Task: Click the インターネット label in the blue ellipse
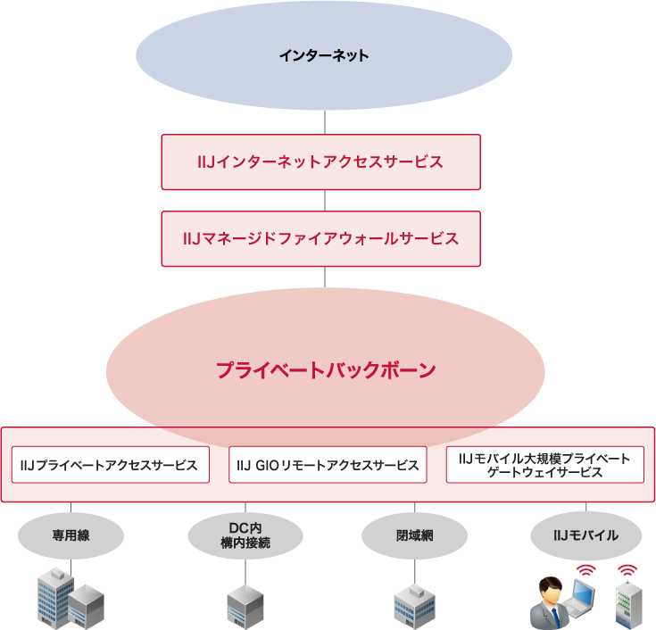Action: click(x=323, y=55)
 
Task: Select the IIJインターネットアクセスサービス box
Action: click(x=320, y=162)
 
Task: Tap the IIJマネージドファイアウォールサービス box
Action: click(x=320, y=238)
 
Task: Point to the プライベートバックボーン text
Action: click(x=325, y=370)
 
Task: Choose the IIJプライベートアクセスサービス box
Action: click(x=110, y=465)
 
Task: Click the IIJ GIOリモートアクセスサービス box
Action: click(x=328, y=465)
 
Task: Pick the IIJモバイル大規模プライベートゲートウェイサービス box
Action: click(x=544, y=465)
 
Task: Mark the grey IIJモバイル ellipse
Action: click(x=585, y=535)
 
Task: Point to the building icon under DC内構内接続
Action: click(x=243, y=607)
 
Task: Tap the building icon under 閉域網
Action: click(x=414, y=607)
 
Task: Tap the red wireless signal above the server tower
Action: click(x=627, y=569)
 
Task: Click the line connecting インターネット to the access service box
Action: click(x=324, y=122)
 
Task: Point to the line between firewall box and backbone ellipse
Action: click(x=324, y=277)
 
